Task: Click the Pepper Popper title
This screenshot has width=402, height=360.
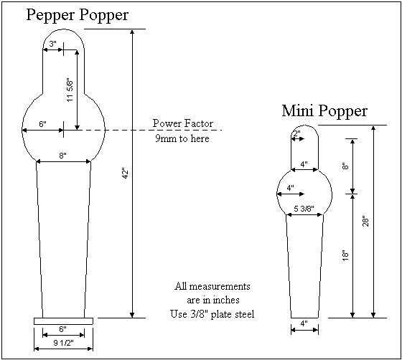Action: coord(78,14)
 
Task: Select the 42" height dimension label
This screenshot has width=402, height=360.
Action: coord(123,173)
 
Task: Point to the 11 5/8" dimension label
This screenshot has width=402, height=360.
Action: coord(70,90)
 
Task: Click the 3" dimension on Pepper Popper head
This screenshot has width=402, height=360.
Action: coord(53,44)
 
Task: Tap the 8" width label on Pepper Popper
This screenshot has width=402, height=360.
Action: coord(63,156)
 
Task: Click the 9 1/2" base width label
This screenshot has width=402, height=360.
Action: coord(63,343)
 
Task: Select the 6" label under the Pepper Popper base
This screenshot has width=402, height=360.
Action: coord(63,330)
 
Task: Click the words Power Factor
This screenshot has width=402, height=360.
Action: coord(182,123)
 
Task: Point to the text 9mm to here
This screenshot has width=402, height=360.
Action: coord(182,138)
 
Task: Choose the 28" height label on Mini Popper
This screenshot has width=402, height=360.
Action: coord(365,222)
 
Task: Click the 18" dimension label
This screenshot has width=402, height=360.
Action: coord(345,255)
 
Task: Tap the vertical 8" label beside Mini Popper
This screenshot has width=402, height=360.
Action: coord(345,166)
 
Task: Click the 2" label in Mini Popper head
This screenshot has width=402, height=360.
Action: coord(296,133)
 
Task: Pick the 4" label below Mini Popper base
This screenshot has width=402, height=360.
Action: coord(304,323)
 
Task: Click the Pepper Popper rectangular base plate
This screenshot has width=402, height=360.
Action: coord(63,321)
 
